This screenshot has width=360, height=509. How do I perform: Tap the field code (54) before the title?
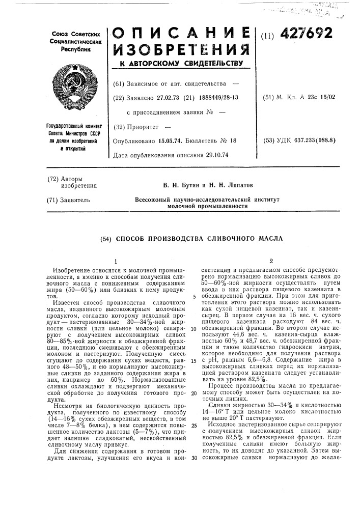pos(108,239)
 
